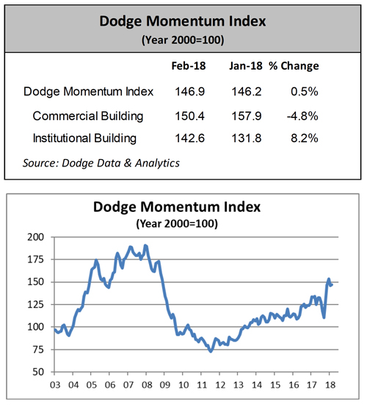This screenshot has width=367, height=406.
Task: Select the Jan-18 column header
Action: [x=243, y=66]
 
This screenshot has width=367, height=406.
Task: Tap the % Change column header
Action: [x=294, y=66]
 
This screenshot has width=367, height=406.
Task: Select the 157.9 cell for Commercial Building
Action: [x=243, y=115]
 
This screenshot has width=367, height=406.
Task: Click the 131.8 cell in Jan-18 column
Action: [x=243, y=138]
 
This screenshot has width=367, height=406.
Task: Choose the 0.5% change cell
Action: [x=305, y=92]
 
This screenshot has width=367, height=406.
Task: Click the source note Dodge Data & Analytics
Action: [x=103, y=163]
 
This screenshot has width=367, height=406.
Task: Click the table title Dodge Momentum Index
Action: [x=183, y=21]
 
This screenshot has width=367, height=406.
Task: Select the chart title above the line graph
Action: [x=183, y=207]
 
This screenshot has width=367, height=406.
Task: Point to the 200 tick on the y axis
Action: [x=34, y=237]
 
